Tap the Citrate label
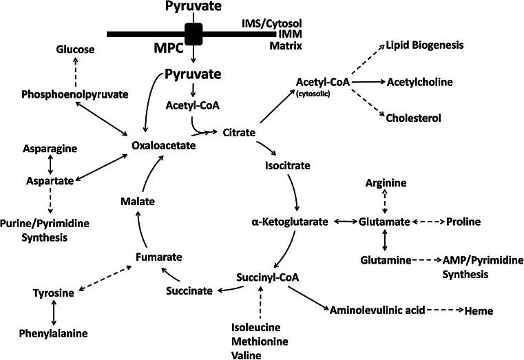pos(238,131)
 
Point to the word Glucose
pos(76,49)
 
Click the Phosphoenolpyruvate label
pos(75,94)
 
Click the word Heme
pos(480,310)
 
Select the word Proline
pos(463,222)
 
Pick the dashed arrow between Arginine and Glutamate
pos(385,202)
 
